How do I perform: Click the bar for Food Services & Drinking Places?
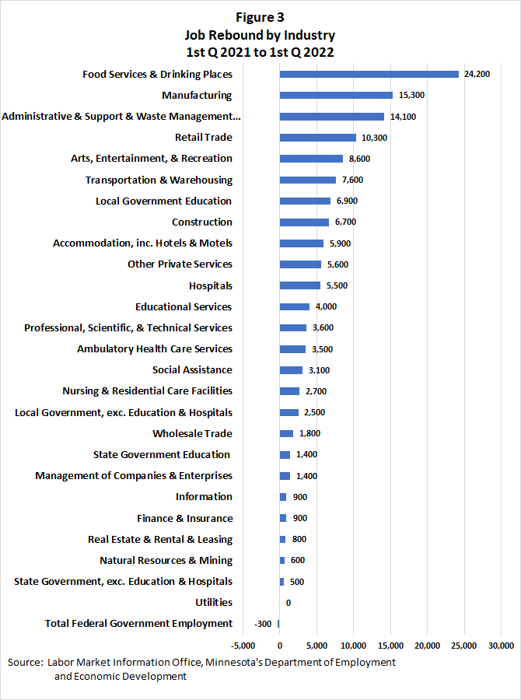tap(369, 75)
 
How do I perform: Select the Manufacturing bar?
tap(336, 96)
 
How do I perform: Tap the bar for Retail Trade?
tap(317, 138)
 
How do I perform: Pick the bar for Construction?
tap(304, 222)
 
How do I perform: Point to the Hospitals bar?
tap(299, 285)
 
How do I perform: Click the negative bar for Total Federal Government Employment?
tap(278, 624)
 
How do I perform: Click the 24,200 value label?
tap(477, 75)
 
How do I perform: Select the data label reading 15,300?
tap(411, 96)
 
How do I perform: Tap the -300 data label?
tap(263, 624)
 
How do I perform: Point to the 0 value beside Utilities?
tap(288, 603)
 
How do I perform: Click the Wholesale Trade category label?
tap(192, 433)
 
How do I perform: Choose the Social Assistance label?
tap(192, 370)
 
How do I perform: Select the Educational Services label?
tap(184, 306)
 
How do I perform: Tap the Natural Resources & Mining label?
tap(166, 560)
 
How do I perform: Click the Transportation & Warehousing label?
tap(159, 180)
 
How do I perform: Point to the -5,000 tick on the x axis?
tap(243, 646)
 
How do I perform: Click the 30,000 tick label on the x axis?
tap(502, 646)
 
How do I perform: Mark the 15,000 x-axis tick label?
tap(390, 646)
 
